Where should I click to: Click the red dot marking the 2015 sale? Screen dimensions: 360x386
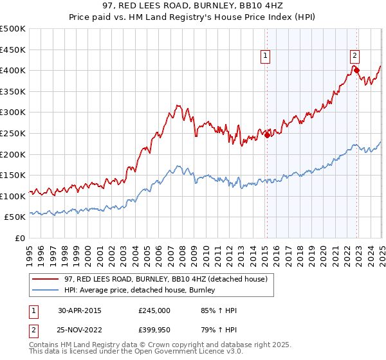(x=267, y=135)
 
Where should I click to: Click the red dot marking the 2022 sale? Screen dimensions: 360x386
(x=356, y=70)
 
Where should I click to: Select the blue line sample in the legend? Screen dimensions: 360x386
(x=46, y=291)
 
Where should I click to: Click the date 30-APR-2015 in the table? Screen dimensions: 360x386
(x=80, y=310)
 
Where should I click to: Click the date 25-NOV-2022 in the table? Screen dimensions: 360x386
(x=80, y=331)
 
